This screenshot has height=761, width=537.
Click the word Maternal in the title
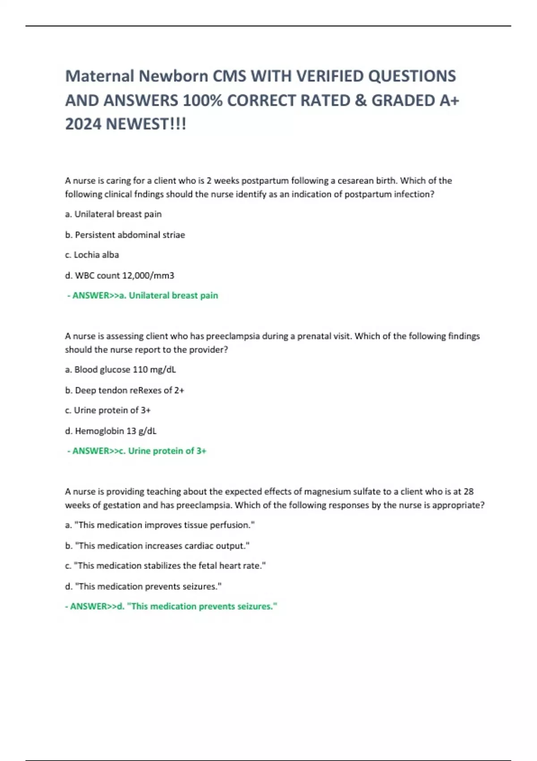pos(99,76)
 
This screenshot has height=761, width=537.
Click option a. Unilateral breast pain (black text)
pos(113,214)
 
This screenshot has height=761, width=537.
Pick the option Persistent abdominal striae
pos(125,235)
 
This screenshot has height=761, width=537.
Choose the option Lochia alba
pos(92,255)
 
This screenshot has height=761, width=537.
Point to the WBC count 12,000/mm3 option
pos(119,275)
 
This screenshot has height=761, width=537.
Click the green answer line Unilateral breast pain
pos(143,295)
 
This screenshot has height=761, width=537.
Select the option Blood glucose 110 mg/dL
pos(120,369)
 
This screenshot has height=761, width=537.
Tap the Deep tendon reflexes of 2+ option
pos(124,390)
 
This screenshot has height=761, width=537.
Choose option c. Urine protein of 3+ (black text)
pos(107,410)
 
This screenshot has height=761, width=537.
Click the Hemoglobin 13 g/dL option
pos(111,431)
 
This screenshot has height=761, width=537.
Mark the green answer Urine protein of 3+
pos(137,451)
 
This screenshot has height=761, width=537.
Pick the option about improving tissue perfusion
pos(160,525)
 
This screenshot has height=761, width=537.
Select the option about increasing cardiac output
pos(157,545)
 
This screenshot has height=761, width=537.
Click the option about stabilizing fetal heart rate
pos(165,565)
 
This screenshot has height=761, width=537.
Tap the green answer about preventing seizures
pos(171,606)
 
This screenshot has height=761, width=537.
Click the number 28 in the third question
pos(469,491)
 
